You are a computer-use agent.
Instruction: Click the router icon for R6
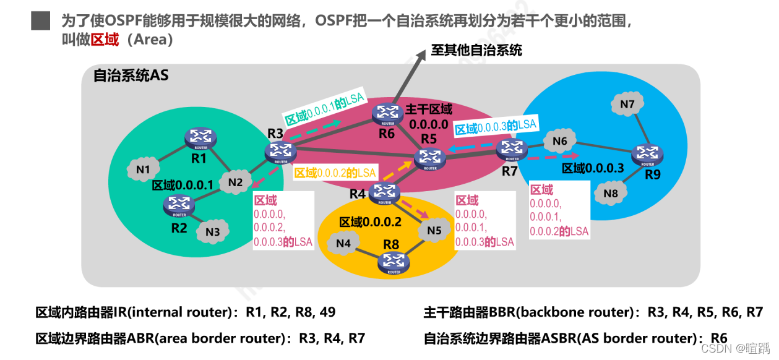click(x=388, y=113)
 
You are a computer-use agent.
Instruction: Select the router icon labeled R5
click(x=428, y=160)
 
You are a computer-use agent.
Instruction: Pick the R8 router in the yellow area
click(x=394, y=263)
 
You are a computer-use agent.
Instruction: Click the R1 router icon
click(x=200, y=139)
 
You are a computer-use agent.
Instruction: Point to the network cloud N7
click(x=627, y=105)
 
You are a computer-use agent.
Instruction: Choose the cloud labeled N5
click(x=434, y=231)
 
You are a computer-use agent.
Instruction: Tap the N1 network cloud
click(x=143, y=169)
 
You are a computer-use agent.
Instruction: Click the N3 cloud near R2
click(x=212, y=232)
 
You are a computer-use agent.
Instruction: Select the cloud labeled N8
click(x=610, y=194)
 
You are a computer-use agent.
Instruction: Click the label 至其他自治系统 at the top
click(x=476, y=50)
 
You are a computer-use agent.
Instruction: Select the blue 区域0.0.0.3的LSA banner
click(x=496, y=127)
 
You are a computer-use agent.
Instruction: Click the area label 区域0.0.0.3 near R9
click(x=592, y=168)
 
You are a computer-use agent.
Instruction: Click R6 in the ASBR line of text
click(x=718, y=338)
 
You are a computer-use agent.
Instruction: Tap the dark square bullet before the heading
click(x=40, y=20)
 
